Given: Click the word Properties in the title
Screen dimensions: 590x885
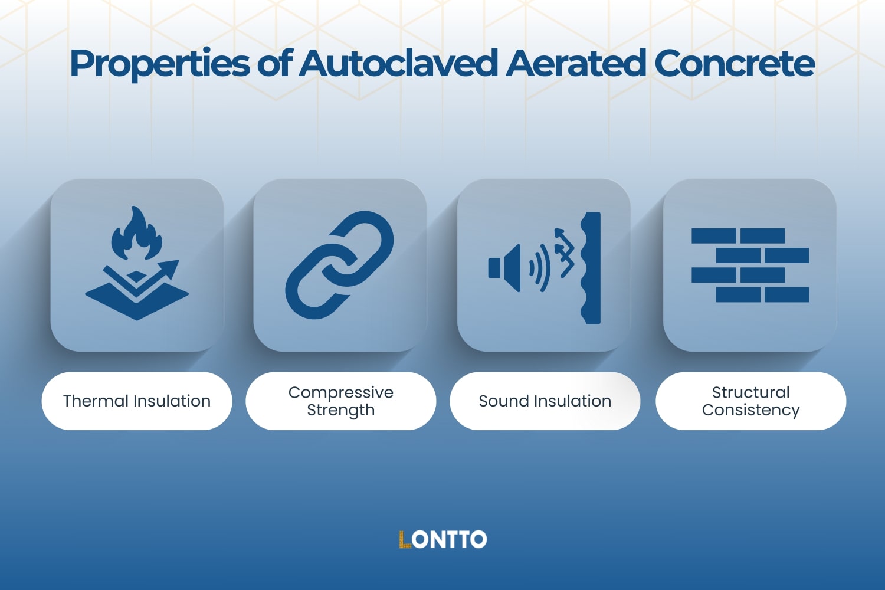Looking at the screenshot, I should pyautogui.click(x=159, y=64).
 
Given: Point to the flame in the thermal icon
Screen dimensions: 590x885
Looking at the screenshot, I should pyautogui.click(x=136, y=235).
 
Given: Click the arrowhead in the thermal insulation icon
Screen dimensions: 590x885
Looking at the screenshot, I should pyautogui.click(x=172, y=268).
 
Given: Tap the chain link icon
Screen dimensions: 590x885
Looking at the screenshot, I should pyautogui.click(x=339, y=265).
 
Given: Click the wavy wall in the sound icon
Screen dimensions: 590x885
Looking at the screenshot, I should pyautogui.click(x=591, y=268).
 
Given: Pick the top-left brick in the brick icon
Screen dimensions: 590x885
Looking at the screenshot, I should pyautogui.click(x=713, y=236).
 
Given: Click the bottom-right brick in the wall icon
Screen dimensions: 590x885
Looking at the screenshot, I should pyautogui.click(x=786, y=294).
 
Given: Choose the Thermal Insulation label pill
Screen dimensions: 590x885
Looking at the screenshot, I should pyautogui.click(x=137, y=401).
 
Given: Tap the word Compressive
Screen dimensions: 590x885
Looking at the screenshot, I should pyautogui.click(x=340, y=392).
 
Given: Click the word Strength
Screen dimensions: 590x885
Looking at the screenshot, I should pyautogui.click(x=340, y=410).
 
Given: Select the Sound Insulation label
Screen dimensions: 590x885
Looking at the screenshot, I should pyautogui.click(x=545, y=401).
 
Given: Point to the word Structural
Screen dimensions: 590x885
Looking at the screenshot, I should pyautogui.click(x=750, y=392).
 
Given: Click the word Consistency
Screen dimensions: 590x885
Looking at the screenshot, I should pyautogui.click(x=750, y=410).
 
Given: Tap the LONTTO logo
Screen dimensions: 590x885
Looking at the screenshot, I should pyautogui.click(x=442, y=539).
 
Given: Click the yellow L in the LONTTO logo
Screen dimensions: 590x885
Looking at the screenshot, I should pyautogui.click(x=405, y=539).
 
